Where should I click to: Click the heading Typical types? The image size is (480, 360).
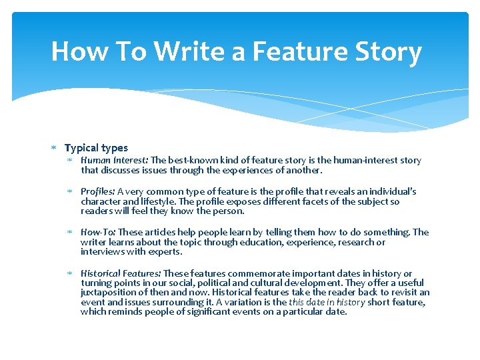click(x=96, y=148)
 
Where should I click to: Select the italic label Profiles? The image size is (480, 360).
click(x=98, y=191)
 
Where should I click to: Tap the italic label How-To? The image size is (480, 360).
click(x=98, y=232)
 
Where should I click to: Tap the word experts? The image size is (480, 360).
click(x=165, y=252)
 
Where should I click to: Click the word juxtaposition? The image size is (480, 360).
click(x=107, y=293)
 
